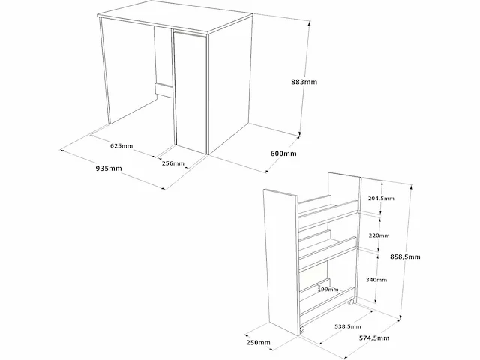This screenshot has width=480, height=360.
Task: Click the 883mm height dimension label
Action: [304, 82]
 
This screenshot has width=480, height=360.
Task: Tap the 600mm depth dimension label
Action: [283, 154]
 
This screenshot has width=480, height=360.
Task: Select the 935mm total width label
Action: [109, 169]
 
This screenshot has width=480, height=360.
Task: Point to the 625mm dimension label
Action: [121, 146]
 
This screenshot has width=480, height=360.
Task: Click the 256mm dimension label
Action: [173, 163]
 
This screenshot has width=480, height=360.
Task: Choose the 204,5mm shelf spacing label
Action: [381, 199]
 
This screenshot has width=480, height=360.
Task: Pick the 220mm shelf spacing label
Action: [379, 235]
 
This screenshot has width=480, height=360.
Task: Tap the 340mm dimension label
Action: [376, 280]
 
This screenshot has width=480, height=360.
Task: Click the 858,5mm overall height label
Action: [405, 256]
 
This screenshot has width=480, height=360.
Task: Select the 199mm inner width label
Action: [328, 289]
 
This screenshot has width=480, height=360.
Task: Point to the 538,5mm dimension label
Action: [348, 327]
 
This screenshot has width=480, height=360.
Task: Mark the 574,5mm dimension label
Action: [374, 338]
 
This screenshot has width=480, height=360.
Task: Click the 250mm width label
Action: [258, 342]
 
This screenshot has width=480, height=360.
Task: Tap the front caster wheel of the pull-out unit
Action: [302, 330]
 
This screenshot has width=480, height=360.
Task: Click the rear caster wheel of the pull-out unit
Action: [352, 302]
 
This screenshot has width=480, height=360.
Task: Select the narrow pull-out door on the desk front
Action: [190, 91]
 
